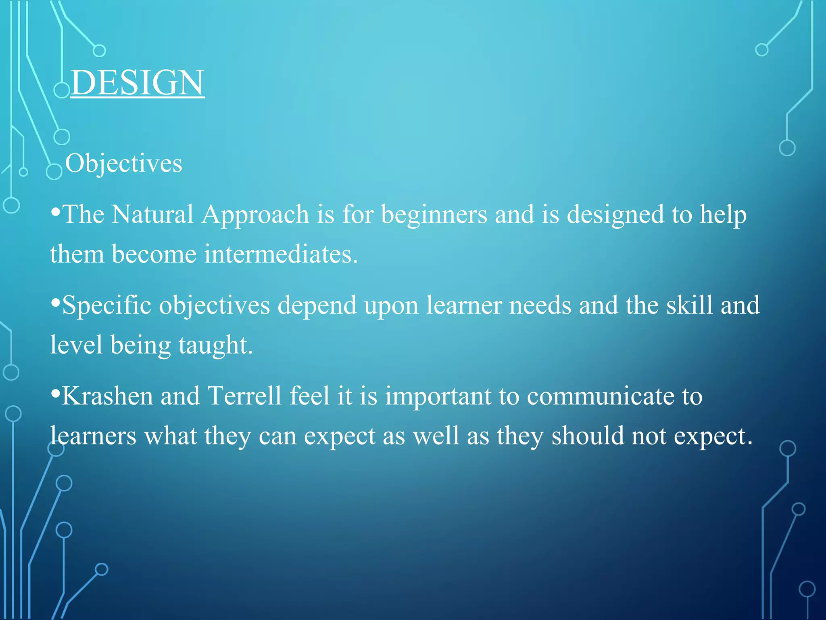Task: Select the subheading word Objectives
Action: pos(123,163)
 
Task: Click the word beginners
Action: pos(434,215)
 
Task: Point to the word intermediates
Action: pos(281,254)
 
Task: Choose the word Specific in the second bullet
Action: pos(106,305)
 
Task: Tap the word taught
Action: pos(215,346)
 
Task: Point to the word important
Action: pos(438,396)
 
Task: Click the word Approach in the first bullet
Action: pos(255,215)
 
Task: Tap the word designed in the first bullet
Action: pos(615,215)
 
